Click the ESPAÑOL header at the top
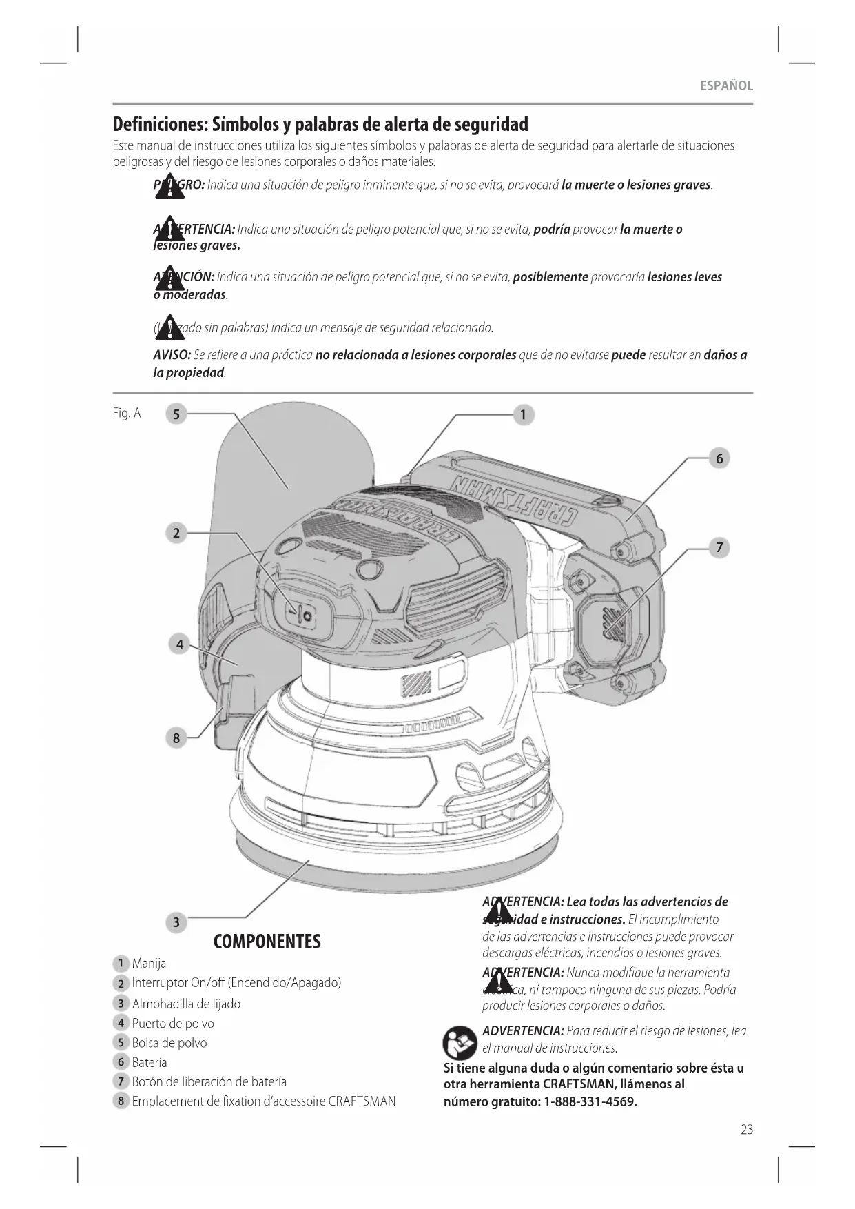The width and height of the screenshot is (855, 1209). pyautogui.click(x=726, y=86)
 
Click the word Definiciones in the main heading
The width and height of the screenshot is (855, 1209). pyautogui.click(x=160, y=125)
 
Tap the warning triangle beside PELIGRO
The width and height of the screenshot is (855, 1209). pyautogui.click(x=169, y=186)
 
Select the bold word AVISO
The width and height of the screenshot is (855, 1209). pyautogui.click(x=172, y=355)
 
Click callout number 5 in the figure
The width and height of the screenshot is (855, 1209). pyautogui.click(x=176, y=414)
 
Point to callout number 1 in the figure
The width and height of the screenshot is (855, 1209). pyautogui.click(x=524, y=414)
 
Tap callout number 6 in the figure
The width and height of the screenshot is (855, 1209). pyautogui.click(x=719, y=458)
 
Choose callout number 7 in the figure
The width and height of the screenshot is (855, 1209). pyautogui.click(x=719, y=548)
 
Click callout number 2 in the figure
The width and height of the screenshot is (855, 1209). pyautogui.click(x=176, y=533)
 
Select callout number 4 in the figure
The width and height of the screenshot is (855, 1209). pyautogui.click(x=179, y=644)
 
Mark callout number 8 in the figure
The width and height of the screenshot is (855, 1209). pyautogui.click(x=176, y=738)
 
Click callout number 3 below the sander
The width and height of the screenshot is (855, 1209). pyautogui.click(x=176, y=922)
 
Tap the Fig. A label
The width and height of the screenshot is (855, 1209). pyautogui.click(x=127, y=413)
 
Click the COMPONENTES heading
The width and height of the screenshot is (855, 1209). pyautogui.click(x=267, y=942)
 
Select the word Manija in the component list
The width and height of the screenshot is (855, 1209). pyautogui.click(x=149, y=963)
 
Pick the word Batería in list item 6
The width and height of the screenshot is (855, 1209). pyautogui.click(x=150, y=1062)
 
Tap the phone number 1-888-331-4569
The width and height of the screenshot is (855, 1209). pyautogui.click(x=590, y=1101)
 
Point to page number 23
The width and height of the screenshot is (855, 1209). pyautogui.click(x=747, y=1130)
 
